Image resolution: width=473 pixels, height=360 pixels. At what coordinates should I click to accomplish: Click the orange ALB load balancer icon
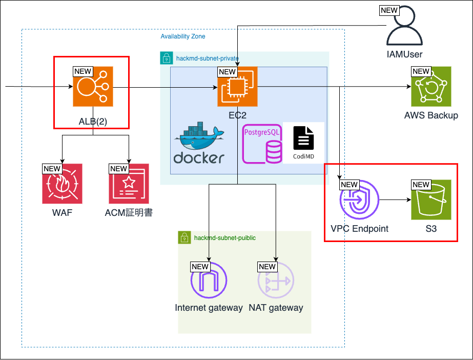coord(93,87)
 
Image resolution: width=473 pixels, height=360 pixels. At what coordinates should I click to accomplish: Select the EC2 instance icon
coord(237,87)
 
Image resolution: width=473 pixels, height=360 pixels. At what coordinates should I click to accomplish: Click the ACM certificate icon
coord(129,184)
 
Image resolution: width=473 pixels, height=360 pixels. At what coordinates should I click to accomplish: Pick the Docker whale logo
coord(199,144)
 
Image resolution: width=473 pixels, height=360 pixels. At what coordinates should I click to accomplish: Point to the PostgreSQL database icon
coord(262,144)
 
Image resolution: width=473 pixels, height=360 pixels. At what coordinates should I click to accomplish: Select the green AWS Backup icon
coord(431,87)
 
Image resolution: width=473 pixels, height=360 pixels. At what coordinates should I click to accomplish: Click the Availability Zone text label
coord(183,37)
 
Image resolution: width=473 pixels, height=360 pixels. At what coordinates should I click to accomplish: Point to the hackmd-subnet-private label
coord(207,58)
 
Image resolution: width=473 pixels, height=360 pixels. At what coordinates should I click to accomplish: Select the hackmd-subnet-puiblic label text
coord(224,237)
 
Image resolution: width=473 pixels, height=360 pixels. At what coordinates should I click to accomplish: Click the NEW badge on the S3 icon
coord(421,185)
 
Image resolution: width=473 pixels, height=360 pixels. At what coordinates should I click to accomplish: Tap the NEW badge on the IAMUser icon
coord(389,10)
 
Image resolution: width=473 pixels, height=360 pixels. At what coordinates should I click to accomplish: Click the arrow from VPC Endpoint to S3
coord(395,199)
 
